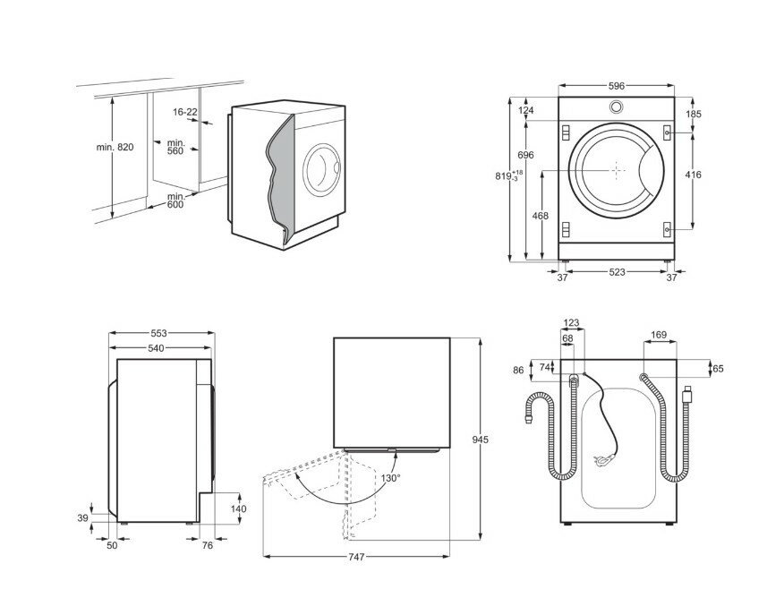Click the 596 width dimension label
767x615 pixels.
click(616, 86)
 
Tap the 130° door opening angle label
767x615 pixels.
click(391, 478)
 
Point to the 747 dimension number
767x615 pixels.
click(355, 558)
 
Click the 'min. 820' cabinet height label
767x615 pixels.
click(115, 148)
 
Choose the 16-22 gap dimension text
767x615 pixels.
click(185, 112)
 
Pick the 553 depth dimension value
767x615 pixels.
click(159, 333)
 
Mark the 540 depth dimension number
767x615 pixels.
click(159, 347)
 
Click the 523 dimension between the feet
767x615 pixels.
click(617, 273)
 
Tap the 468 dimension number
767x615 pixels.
click(540, 217)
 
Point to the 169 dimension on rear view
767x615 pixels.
click(659, 336)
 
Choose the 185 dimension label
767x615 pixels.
click(694, 115)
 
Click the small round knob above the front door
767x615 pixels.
click(616, 107)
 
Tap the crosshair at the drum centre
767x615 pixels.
click(617, 168)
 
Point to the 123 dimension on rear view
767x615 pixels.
click(572, 324)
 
